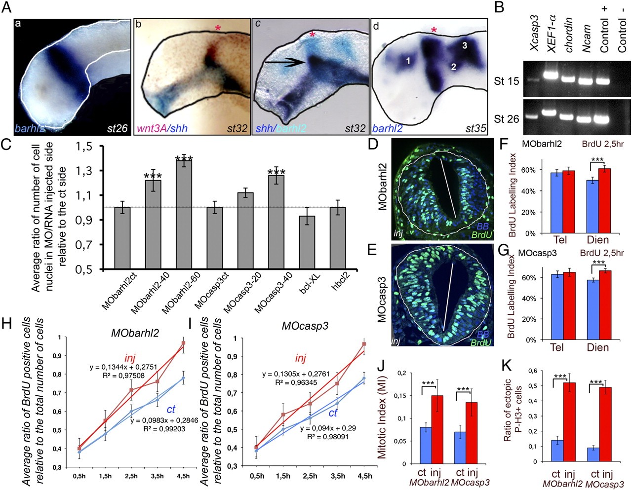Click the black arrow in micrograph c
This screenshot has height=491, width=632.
pos(283,63)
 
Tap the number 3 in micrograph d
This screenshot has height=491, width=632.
pos(464,45)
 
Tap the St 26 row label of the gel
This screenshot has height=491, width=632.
pos(506,118)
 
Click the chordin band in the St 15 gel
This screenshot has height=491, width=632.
pos(567,79)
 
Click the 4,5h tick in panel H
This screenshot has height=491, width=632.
pos(184,476)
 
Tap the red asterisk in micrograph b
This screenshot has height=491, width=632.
pos(218,29)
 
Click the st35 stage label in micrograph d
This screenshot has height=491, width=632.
pos(476,129)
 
